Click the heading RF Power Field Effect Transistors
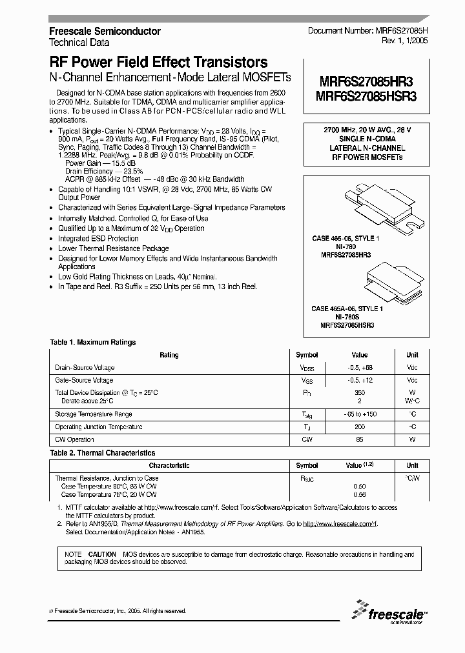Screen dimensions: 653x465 coord(158,63)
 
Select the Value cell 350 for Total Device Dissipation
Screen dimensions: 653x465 coord(360,392)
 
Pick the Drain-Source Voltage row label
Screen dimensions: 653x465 coord(85,368)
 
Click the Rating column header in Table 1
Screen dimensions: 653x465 coord(169,355)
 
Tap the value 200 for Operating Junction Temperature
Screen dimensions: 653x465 coord(360,427)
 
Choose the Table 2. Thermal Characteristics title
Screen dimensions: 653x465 coord(103,453)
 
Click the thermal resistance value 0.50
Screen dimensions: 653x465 coord(360,486)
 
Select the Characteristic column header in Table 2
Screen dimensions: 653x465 coord(169,465)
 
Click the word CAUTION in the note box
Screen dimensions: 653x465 coord(102,554)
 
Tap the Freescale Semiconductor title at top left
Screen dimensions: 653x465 coord(105,31)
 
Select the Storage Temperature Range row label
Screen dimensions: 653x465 coord(94,414)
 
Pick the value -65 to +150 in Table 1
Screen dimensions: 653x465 coord(360,414)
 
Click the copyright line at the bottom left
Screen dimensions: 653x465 coord(118,610)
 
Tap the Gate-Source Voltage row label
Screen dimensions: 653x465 coord(84,380)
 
